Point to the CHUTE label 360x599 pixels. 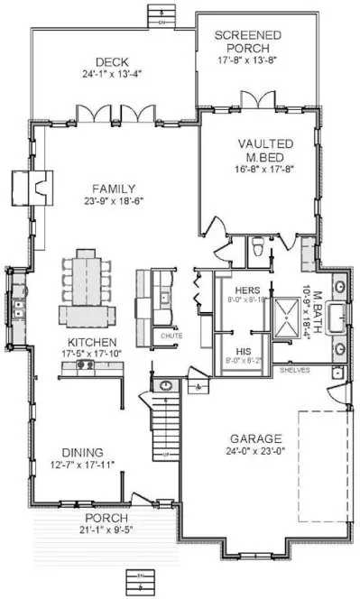[x=171, y=336]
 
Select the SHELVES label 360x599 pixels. [x=296, y=370]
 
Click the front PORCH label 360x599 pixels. [x=107, y=518]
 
